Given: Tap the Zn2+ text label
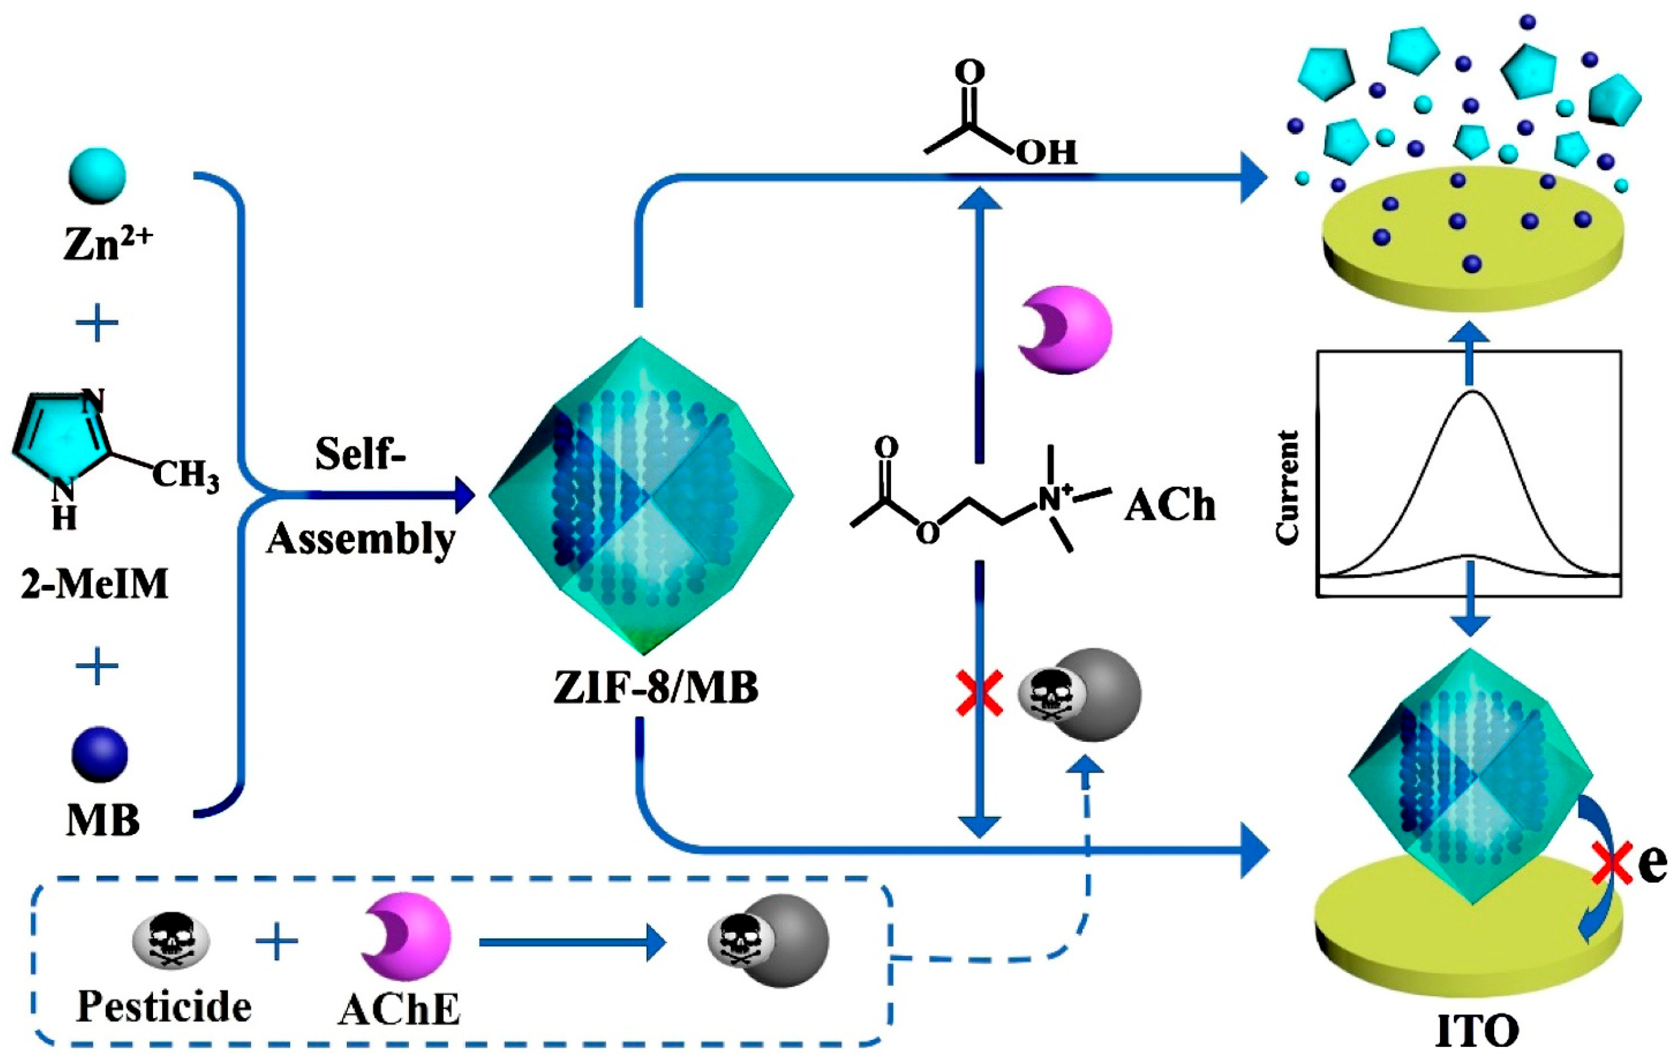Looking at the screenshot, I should point(108,244).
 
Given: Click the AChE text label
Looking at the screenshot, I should point(400,1009).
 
